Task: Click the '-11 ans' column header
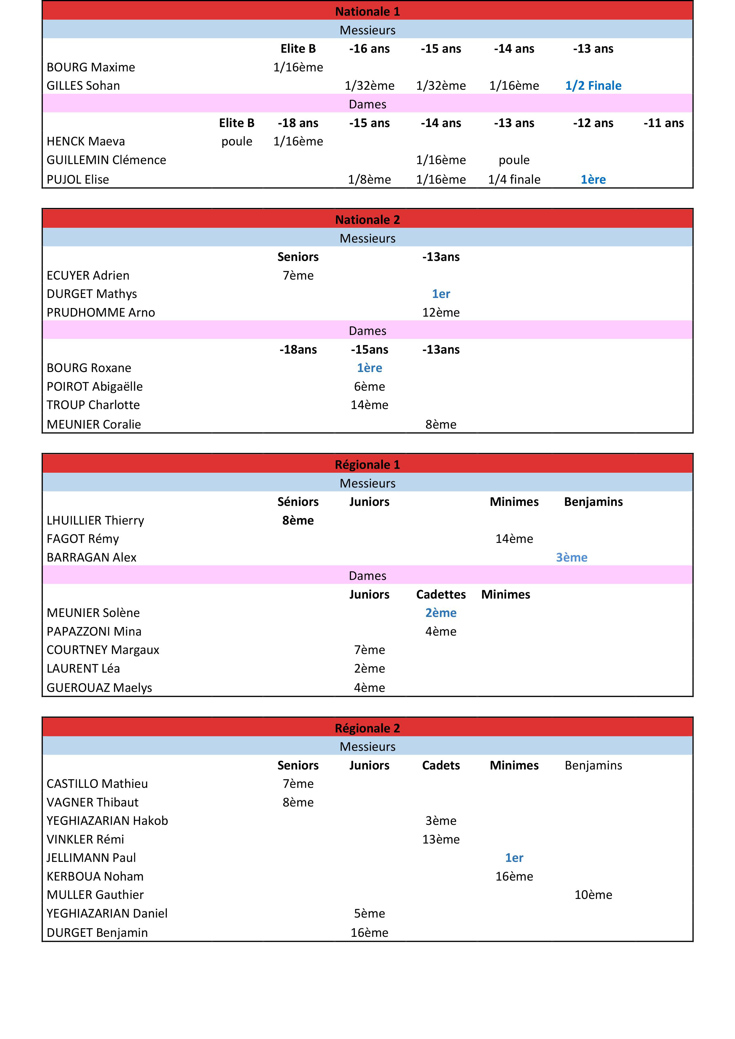point(664,123)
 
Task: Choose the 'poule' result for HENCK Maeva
point(237,141)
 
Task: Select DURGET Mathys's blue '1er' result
point(441,294)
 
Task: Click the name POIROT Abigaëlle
point(94,387)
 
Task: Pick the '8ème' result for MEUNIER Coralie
point(441,424)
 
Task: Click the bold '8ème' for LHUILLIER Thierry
point(298,520)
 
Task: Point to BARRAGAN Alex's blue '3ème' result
point(571,557)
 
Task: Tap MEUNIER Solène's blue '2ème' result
point(441,613)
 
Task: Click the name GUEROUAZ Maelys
point(99,687)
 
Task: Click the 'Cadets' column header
point(441,765)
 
